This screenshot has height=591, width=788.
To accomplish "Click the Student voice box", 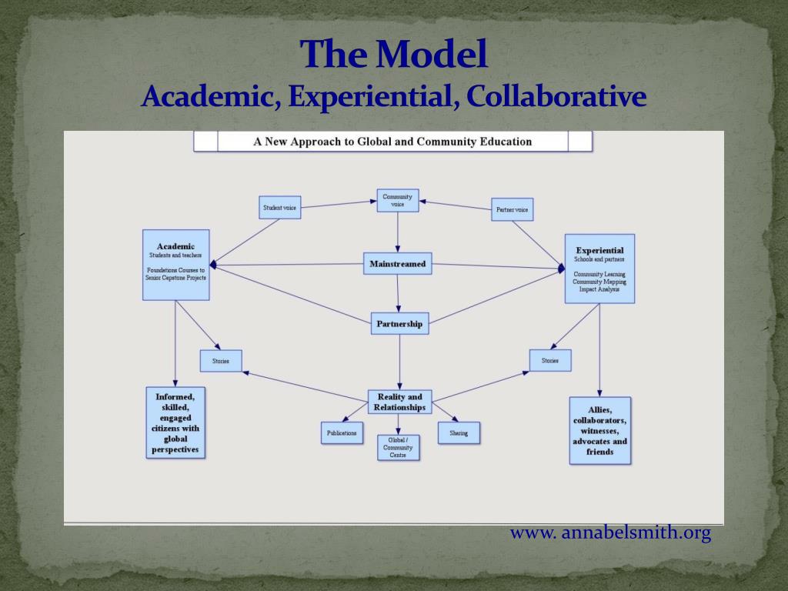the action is coord(279,207).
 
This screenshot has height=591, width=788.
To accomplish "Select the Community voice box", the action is coord(398,201).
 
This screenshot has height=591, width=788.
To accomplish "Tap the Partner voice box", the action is coord(512,209).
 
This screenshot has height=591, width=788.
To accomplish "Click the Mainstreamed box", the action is coord(398,264).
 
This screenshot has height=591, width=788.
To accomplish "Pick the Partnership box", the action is coord(399,323).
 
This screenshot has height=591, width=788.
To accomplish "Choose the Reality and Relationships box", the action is coord(400,402).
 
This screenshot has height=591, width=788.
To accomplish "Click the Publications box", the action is coord(342,433).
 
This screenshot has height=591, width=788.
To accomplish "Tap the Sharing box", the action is coord(459,433).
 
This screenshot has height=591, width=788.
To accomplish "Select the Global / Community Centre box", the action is coord(399,447).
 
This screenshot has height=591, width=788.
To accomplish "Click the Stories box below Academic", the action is coord(221,361).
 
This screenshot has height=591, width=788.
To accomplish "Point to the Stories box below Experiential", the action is coord(549,360).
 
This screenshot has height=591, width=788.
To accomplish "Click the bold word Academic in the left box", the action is coord(175,246).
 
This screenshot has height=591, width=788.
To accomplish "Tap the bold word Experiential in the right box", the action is coord(599,250).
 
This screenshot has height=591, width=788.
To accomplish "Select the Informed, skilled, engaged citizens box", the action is coord(175,422).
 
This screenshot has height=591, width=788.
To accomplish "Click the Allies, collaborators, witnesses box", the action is coord(599,430).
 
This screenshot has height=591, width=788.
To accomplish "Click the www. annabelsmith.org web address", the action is coord(610,533).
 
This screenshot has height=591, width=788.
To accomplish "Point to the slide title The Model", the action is coord(394,55).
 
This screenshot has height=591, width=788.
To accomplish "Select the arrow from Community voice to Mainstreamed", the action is coord(398,232).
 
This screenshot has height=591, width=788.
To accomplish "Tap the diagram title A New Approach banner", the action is coord(392,142).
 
